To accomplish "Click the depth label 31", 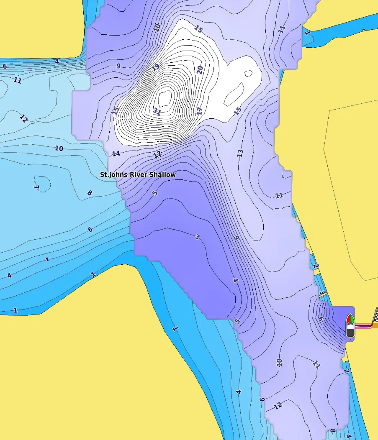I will pos(157,111).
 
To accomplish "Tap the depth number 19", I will pos(156,67).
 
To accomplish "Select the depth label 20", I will pos(200,70).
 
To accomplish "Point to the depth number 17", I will pos(199,111).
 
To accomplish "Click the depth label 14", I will pos(116,153).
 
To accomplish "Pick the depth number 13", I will pos(240,153).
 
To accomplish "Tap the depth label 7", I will pos(36,187).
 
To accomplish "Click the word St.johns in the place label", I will pos(113,174).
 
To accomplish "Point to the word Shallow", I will pos(163,174).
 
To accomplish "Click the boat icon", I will pos(350,326).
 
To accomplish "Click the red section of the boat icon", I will pos(348,320).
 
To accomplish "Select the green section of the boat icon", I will pos(352,320).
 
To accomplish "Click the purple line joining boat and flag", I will pos(363,325).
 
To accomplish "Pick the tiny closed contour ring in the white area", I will pos(248,74).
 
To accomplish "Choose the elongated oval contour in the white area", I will pos(234,94).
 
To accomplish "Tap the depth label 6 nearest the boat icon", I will pos(321,319).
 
